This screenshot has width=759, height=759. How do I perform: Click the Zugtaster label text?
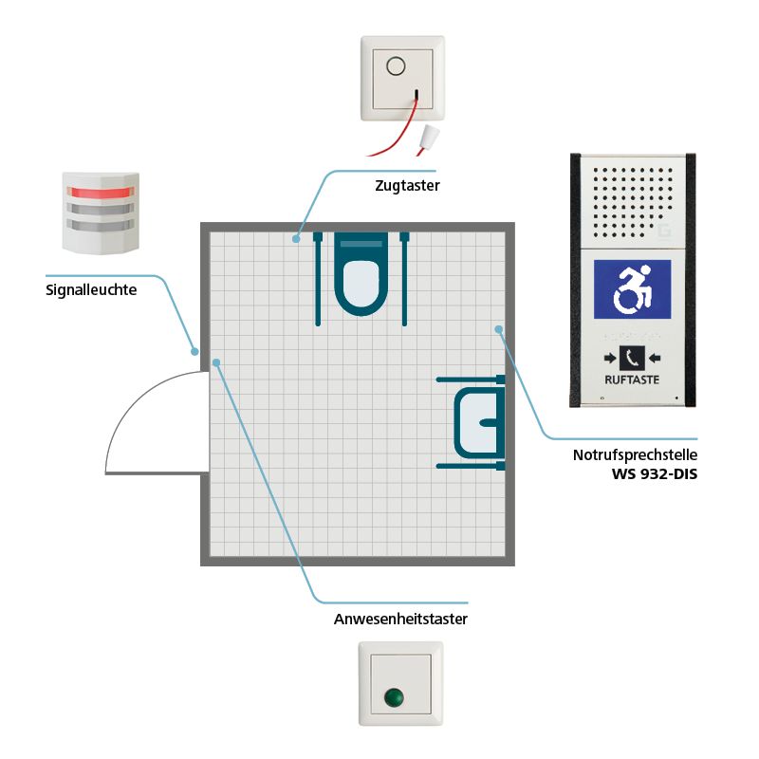coord(407,187)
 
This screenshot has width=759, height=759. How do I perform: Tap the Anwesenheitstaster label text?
coord(401,620)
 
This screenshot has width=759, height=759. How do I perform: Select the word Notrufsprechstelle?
coord(635,455)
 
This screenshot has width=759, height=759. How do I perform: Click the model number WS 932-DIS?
coord(654,472)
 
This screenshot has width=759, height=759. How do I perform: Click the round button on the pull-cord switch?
coord(397,67)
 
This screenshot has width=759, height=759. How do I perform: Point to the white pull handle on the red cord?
coord(430,137)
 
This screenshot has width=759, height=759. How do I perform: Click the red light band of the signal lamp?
coord(100,193)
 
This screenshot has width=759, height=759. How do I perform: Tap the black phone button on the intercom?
coord(632,359)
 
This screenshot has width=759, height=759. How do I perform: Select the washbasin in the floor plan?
coord(478,422)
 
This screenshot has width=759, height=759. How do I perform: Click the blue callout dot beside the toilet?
coord(296,239)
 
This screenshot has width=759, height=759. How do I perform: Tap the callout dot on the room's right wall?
coord(498,328)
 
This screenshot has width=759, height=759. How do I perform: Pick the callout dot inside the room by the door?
coord(217,361)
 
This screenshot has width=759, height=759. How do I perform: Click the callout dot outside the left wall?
coord(194,351)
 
